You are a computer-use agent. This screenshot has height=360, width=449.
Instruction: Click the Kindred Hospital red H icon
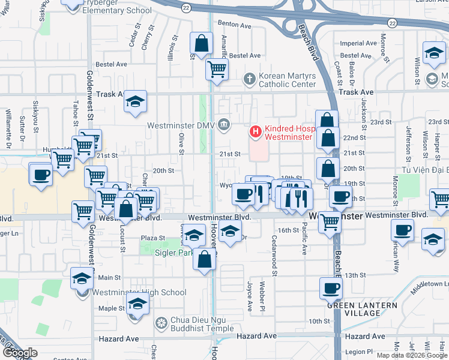pos(255,130)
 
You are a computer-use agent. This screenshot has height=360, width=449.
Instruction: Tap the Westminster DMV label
pos(182,125)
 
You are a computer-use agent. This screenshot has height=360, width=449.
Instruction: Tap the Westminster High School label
pos(139,293)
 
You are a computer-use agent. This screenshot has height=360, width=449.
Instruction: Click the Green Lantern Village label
pos(362,309)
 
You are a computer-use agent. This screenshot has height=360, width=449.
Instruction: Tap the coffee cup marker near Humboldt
pos(40,175)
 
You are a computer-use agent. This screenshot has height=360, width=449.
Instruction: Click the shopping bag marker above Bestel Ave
pos(201,43)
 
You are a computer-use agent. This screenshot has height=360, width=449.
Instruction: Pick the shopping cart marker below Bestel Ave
pos(216,68)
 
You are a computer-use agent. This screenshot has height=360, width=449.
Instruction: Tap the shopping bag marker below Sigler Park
pos(205,260)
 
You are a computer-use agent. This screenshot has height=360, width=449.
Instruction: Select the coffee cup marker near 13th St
pos(331,289)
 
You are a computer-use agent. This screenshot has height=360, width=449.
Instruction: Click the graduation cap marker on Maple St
pos(137,304)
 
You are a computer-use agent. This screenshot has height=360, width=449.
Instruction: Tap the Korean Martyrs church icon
pos(250,79)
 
